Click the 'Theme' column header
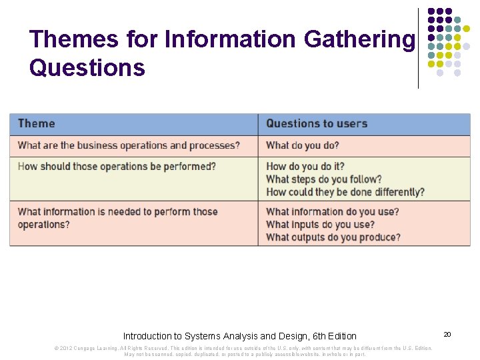click(37, 123)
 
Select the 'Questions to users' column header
click(317, 123)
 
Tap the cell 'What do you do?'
click(303, 145)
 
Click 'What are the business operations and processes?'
click(129, 145)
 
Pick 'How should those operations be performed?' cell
click(117, 166)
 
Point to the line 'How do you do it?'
click(305, 166)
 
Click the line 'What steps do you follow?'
click(324, 179)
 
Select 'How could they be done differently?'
click(345, 192)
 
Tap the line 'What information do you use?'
click(333, 211)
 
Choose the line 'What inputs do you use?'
click(320, 224)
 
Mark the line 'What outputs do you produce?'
click(333, 237)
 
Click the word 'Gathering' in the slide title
click(359, 40)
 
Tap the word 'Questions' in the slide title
click(87, 67)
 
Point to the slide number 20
click(447, 333)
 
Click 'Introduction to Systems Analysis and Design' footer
click(240, 336)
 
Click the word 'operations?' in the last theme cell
click(44, 225)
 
